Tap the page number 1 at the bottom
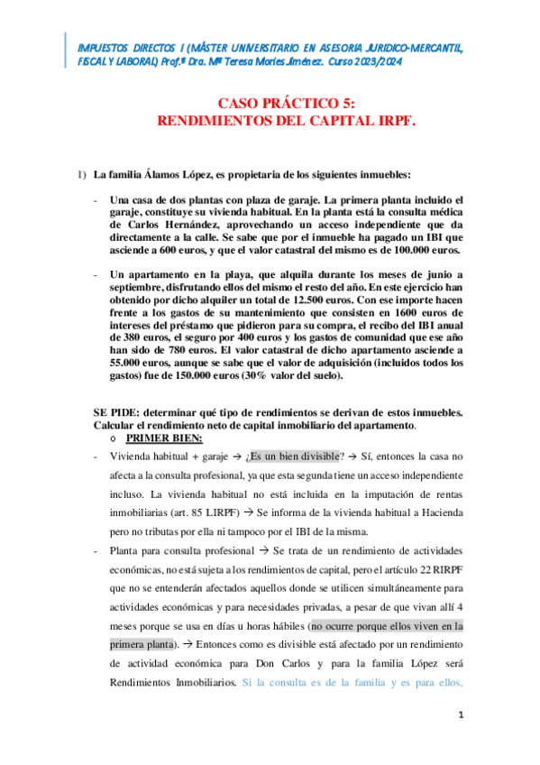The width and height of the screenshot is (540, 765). pos(460,715)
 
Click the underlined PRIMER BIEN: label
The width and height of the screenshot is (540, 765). pos(164,438)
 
